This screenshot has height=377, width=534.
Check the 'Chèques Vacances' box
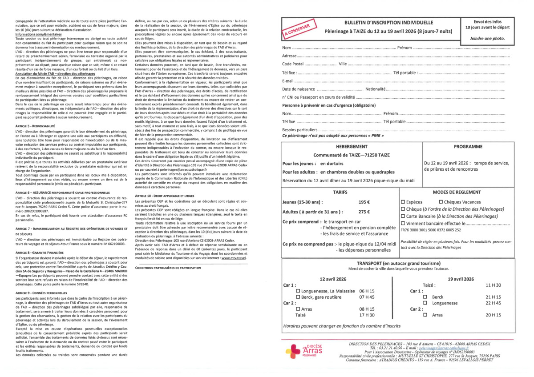(441, 202)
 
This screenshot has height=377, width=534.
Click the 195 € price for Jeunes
(364, 202)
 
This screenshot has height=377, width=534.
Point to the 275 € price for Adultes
(364, 212)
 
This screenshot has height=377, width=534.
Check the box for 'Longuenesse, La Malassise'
(298, 291)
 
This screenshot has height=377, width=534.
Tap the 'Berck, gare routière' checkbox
(298, 297)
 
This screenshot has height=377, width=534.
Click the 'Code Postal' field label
(293, 64)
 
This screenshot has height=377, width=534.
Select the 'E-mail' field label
(288, 81)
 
